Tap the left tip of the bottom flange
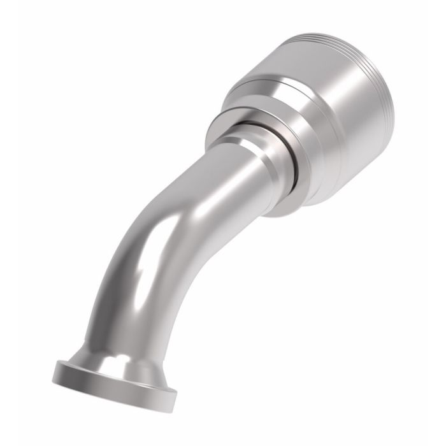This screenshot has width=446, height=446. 56,368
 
